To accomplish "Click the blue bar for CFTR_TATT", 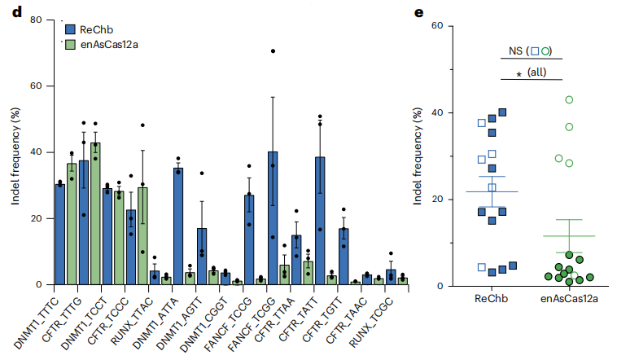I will point(320,221).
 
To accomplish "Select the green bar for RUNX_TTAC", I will point(166,281).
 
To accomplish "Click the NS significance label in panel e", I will point(516,51).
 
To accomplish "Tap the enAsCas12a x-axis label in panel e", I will point(569,300).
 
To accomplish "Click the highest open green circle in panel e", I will point(569,99).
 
